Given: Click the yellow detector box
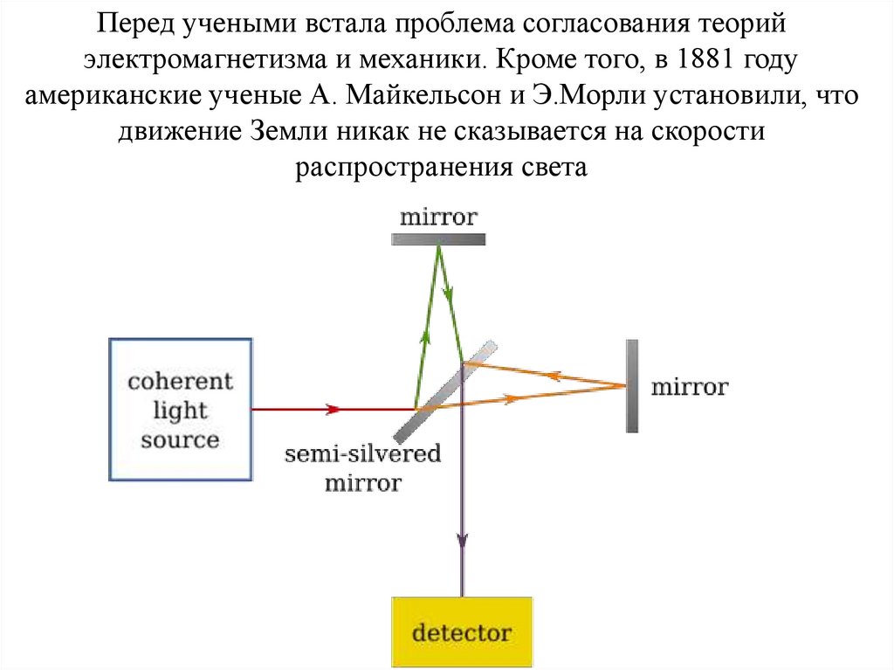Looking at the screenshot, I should tap(461, 632).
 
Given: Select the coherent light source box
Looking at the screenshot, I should tap(180, 410).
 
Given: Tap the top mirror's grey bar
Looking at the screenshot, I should tap(438, 238).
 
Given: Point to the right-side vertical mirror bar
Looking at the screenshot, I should tap(631, 385).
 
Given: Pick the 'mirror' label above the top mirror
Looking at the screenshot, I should tap(438, 217).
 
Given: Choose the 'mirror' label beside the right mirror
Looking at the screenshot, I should tap(689, 386).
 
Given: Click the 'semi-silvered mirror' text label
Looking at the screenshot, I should tap(362, 468).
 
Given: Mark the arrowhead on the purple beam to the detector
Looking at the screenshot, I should tap(461, 540).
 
